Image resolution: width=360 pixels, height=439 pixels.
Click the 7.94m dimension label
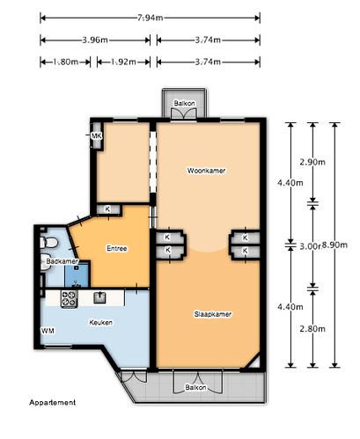(150, 18)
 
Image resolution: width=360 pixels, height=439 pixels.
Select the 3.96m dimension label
(95, 40)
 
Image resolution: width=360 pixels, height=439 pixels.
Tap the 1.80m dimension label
(65, 62)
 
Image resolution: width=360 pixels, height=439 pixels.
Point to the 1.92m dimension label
(123, 62)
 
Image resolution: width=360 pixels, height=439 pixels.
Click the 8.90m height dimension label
(334, 245)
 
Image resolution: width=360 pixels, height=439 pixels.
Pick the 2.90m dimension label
(312, 162)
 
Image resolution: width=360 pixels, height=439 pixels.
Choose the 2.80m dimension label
(312, 329)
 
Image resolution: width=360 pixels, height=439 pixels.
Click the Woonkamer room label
(207, 171)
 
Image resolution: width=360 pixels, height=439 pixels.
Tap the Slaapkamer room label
(213, 314)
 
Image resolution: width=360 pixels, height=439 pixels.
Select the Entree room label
(117, 248)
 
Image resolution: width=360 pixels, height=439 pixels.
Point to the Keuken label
(100, 322)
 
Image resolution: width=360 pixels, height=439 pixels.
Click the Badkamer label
(62, 261)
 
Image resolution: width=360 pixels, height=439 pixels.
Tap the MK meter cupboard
(97, 136)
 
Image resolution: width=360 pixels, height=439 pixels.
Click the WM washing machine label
(48, 331)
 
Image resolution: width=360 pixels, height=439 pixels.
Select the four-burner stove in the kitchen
(70, 299)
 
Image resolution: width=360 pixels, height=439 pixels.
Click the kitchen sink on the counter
(100, 297)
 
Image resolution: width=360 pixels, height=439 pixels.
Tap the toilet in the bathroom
(48, 243)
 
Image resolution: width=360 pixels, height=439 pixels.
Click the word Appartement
(53, 402)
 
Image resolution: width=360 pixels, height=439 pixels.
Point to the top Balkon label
(185, 103)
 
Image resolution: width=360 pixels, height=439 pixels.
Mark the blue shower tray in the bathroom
(77, 274)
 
